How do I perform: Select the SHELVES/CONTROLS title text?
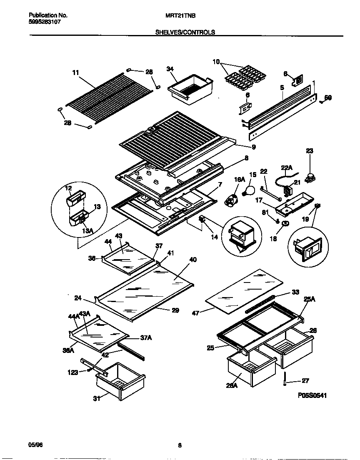[185, 32]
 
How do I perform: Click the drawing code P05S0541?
[312, 395]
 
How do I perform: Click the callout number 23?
[310, 151]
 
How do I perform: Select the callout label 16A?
[240, 179]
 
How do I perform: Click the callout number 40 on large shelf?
[192, 260]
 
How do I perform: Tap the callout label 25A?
[310, 299]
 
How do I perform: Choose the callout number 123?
[73, 372]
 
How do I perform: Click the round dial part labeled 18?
[286, 225]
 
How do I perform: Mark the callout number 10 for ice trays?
[216, 62]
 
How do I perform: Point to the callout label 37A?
[145, 338]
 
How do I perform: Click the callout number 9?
[253, 147]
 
